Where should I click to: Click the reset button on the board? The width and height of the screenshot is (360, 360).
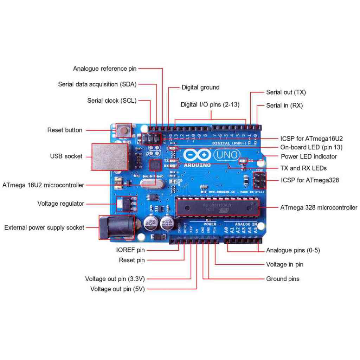123,130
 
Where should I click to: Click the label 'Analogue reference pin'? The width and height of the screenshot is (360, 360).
105,69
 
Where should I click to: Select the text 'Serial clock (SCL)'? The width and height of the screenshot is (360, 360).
112,101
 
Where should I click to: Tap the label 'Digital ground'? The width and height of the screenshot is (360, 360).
200,87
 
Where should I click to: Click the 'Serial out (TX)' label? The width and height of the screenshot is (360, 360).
286,92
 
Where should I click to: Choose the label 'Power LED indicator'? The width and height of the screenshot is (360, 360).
309,156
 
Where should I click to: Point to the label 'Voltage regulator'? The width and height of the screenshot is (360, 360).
61,204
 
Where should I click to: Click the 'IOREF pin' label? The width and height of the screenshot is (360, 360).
130,250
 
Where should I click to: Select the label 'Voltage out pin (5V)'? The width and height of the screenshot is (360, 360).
117,289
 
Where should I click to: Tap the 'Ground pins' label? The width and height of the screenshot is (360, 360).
283,279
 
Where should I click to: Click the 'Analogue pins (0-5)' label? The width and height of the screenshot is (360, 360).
293,250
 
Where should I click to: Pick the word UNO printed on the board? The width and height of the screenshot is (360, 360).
227,154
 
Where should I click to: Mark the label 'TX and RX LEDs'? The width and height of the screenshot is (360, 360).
303,168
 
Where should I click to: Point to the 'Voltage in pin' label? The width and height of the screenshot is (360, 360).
284,264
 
